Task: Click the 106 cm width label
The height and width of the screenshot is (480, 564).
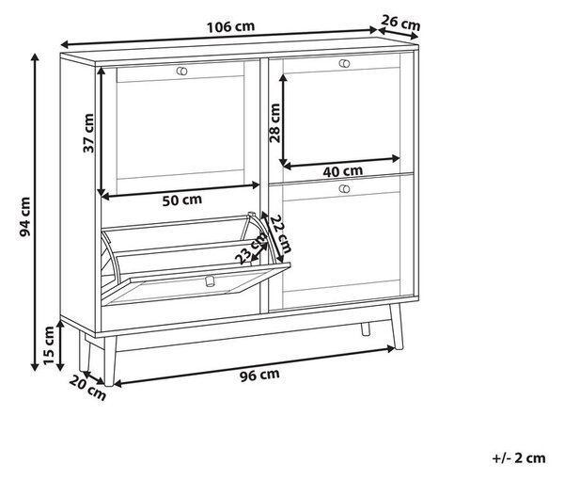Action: pos(230,27)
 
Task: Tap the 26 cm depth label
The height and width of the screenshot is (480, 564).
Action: pos(400,23)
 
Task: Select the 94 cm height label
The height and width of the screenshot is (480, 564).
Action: pos(25,216)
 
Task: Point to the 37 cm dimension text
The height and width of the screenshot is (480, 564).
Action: pos(88,133)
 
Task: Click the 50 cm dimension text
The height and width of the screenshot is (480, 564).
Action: pos(182,200)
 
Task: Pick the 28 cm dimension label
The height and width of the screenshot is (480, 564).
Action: pos(274,123)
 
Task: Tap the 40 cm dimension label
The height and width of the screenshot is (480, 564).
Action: pos(342,171)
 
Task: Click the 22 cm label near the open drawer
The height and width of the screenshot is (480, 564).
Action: pos(281,234)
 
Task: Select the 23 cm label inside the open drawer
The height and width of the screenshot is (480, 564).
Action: pos(251,248)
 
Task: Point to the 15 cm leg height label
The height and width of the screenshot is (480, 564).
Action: pos(48,345)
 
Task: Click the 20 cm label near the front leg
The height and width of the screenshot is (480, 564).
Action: pos(87,388)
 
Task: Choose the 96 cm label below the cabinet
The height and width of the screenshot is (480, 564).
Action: pos(259,375)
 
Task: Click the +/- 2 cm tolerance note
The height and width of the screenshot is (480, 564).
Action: pos(519,458)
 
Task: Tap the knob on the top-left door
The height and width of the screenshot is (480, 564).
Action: pos(182,71)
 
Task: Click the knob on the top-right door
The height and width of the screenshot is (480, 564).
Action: pos(344,64)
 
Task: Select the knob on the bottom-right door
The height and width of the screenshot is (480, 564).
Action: pos(344,188)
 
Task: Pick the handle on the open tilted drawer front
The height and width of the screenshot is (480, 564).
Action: pos(209,280)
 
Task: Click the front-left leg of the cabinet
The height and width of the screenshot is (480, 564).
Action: pos(110,360)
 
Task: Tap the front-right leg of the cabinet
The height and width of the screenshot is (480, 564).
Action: pos(397,327)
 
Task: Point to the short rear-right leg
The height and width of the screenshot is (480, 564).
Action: pos(366,329)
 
